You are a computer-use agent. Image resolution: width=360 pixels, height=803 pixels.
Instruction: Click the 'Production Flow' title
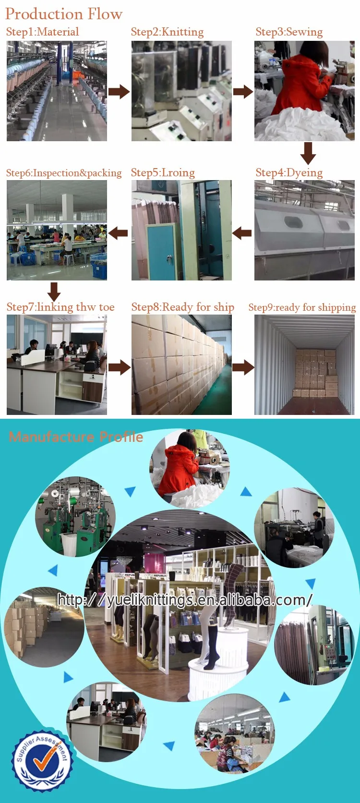point(64,14)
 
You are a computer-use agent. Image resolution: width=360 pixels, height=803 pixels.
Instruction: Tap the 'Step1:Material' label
point(42,32)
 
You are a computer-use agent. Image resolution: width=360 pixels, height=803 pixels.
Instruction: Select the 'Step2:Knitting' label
point(167,32)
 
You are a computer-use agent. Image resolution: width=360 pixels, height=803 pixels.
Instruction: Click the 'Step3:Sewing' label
point(289,32)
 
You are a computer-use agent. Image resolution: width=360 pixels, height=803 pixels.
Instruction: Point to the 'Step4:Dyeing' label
point(289,172)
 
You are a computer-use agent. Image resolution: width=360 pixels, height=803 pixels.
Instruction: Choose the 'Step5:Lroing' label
point(163,172)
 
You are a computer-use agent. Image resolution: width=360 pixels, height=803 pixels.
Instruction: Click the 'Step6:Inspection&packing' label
point(64,173)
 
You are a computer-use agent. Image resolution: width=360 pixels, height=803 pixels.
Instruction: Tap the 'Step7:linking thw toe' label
point(60,307)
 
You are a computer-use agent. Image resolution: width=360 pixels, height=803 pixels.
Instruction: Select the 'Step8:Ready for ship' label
point(182,307)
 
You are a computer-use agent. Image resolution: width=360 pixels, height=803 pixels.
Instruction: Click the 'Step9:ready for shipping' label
point(302,307)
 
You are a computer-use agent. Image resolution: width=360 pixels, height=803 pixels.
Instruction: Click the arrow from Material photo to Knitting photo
point(119,91)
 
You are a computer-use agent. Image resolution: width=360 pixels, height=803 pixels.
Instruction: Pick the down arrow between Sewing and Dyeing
point(308,153)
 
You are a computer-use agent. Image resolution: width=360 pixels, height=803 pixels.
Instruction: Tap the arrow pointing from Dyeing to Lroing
point(242,233)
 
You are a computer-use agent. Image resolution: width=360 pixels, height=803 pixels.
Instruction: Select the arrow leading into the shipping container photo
point(243,367)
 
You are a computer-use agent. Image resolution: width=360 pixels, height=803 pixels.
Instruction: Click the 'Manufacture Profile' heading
point(76,437)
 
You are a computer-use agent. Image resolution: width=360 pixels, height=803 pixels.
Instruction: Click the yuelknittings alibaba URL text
point(185,600)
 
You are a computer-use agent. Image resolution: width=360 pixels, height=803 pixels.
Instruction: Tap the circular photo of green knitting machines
point(75,517)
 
